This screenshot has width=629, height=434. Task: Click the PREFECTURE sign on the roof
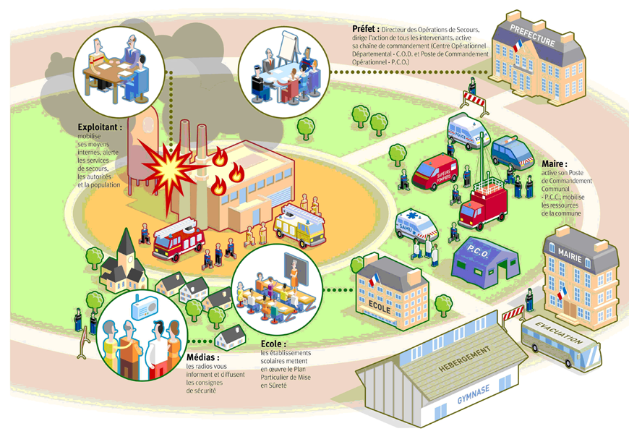pyautogui.click(x=533, y=35)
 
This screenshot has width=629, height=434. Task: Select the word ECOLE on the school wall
pyautogui.click(x=380, y=307)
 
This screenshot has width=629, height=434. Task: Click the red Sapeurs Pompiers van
pyautogui.click(x=435, y=171)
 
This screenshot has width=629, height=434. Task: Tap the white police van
pyautogui.click(x=468, y=131)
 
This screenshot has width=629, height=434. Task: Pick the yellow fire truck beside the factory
pyautogui.click(x=299, y=225)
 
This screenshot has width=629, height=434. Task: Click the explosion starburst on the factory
pyautogui.click(x=171, y=169)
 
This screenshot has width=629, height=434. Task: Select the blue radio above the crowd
pyautogui.click(x=145, y=307)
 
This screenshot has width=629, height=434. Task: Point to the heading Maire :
pyautogui.click(x=555, y=163)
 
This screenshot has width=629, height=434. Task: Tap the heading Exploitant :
pyautogui.click(x=100, y=127)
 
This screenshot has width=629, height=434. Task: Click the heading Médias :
pyautogui.click(x=203, y=357)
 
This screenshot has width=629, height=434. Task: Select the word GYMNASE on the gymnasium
pyautogui.click(x=474, y=393)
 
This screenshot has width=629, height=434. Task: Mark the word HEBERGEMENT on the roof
pyautogui.click(x=465, y=359)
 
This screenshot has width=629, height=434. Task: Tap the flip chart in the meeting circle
pyautogui.click(x=288, y=46)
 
